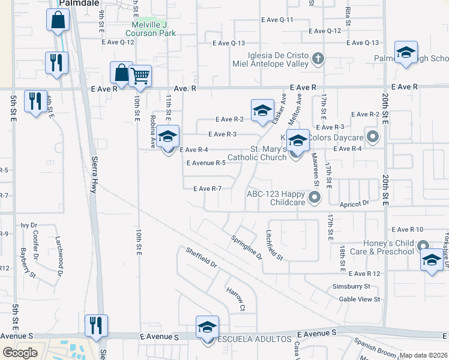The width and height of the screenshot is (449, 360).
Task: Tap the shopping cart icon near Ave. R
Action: (140, 76)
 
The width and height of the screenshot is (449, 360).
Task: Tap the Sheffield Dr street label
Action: (200, 257)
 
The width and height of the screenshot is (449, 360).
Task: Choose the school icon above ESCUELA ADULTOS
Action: (207, 328)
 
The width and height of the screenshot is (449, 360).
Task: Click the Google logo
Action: (20, 353)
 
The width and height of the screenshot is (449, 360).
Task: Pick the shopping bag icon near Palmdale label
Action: (58, 19)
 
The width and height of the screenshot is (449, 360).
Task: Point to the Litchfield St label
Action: (274, 245)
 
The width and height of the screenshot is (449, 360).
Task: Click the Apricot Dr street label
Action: (355, 203)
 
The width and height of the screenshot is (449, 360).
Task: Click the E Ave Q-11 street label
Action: (277, 20)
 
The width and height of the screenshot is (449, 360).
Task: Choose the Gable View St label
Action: (360, 299)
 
